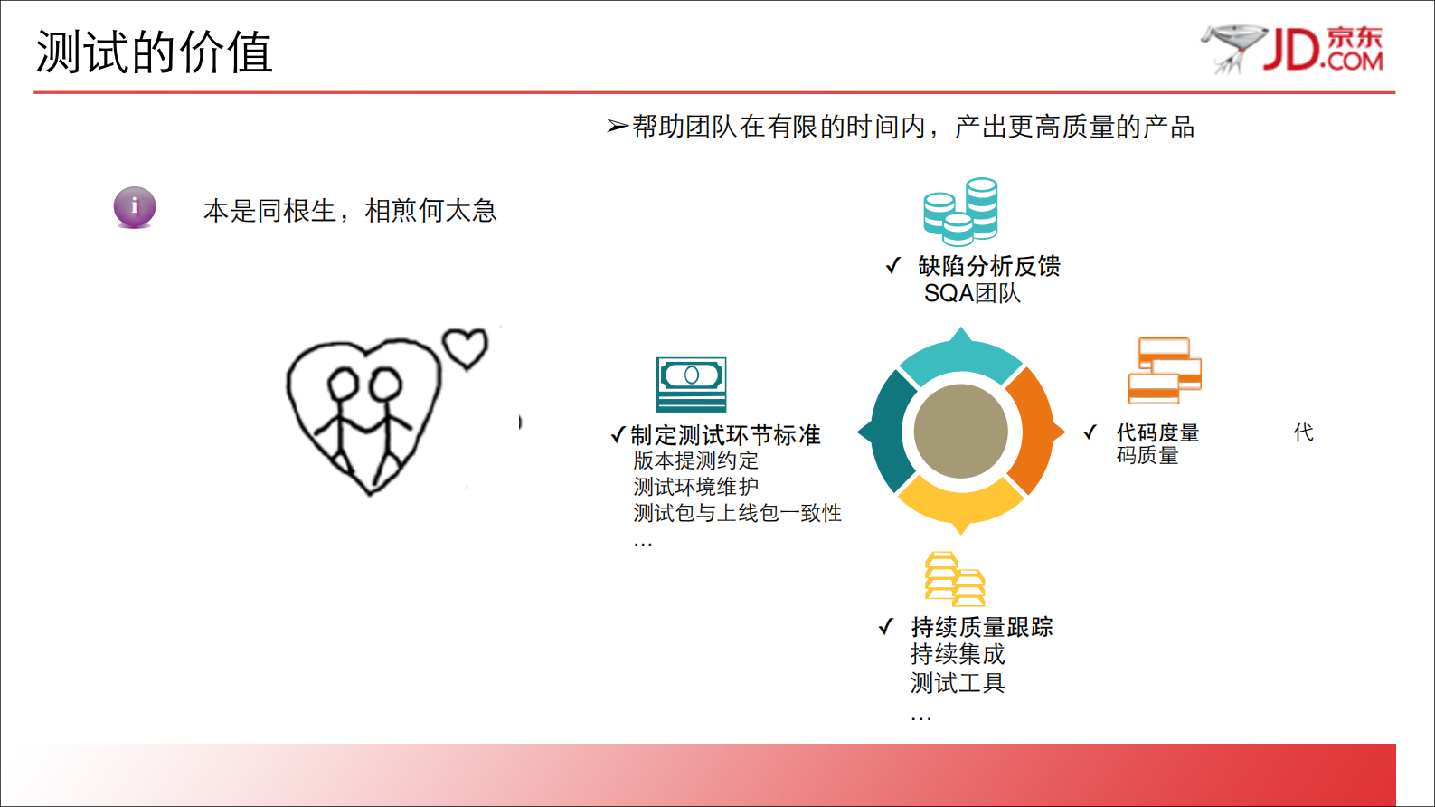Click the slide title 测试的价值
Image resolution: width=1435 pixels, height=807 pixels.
pos(154,52)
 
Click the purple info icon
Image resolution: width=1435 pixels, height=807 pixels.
pos(135,207)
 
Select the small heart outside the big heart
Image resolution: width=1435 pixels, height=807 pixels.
pos(465,347)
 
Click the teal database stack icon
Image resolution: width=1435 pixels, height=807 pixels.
pos(960,212)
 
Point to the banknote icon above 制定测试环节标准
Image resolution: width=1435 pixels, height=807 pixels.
pos(691,385)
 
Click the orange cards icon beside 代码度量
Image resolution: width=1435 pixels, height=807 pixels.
pos(1165,370)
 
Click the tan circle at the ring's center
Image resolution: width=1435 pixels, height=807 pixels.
pos(960,432)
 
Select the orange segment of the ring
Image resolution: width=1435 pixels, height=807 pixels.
pos(1033,432)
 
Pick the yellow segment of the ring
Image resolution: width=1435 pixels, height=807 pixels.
pos(960,502)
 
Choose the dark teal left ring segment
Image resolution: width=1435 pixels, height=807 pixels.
pos(889,432)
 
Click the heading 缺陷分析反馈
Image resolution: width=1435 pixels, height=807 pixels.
pos(989,266)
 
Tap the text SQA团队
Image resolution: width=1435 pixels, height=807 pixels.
pos(972,293)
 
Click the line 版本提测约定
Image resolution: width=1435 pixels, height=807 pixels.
pos(695,460)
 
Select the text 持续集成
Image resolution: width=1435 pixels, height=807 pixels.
pos(958,654)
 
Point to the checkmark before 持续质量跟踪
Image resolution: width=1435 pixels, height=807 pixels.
pos(886,627)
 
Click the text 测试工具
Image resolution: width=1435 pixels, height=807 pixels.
pos(958,683)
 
